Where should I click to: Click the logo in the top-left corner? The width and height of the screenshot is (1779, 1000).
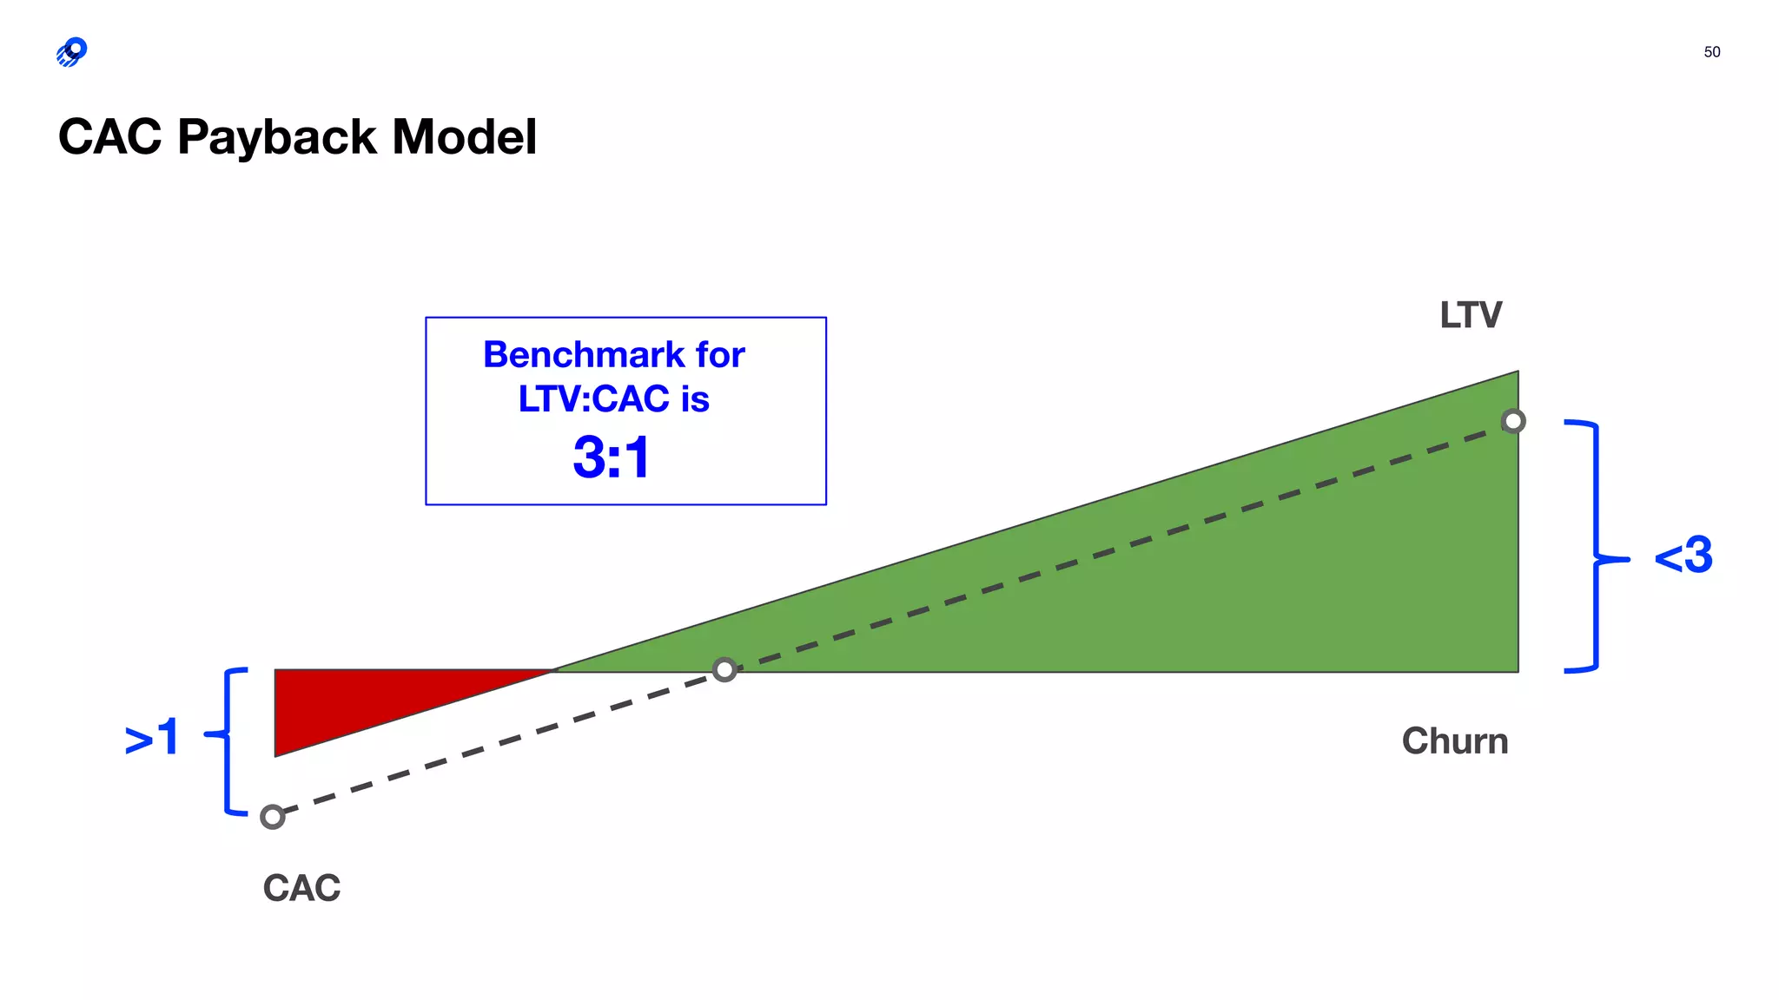tap(72, 52)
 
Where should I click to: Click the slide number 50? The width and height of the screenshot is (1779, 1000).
tap(1711, 52)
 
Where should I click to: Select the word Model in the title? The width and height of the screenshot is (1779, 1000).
tap(464, 137)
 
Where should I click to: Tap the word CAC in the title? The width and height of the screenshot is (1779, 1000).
tap(110, 137)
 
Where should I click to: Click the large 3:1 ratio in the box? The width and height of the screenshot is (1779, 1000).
tap(612, 457)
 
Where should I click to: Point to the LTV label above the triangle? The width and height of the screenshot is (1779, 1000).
tap(1470, 315)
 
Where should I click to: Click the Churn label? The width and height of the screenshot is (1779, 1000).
tap(1454, 741)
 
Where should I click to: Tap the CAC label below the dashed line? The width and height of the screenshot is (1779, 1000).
tap(301, 888)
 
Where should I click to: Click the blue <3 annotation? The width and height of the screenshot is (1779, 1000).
tap(1683, 556)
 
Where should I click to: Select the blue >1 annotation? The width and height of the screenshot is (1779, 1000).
tap(152, 737)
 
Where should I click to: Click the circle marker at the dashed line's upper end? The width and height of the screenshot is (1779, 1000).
tap(1513, 421)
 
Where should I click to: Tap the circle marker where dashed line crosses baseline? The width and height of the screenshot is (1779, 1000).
tap(724, 669)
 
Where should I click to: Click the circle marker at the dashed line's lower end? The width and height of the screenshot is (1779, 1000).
tap(273, 817)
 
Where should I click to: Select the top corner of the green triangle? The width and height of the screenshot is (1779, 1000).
tap(1517, 374)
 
